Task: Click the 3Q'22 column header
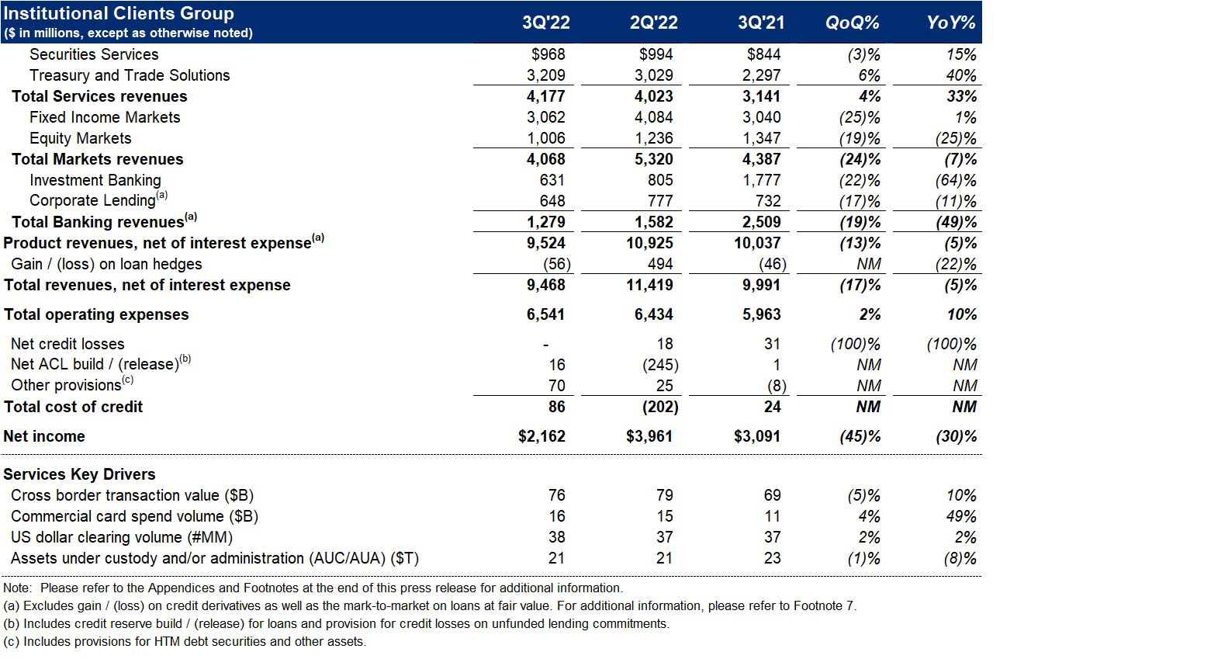(x=545, y=23)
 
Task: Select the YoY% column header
(x=951, y=23)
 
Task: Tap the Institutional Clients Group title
(x=119, y=14)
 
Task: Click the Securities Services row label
(x=94, y=54)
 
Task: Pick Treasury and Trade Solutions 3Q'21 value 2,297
(x=760, y=75)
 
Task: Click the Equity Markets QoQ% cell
(x=860, y=138)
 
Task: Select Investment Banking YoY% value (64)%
(x=956, y=180)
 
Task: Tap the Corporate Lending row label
(x=93, y=200)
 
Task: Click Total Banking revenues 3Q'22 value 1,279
(x=545, y=222)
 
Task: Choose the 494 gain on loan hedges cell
(x=659, y=264)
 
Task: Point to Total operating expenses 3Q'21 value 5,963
(x=757, y=314)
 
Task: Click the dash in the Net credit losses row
(x=546, y=344)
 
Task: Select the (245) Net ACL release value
(x=661, y=365)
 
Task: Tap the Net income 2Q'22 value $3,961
(x=649, y=436)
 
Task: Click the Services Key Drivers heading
(x=79, y=474)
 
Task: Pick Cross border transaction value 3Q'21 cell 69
(x=772, y=495)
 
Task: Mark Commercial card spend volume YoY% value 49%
(x=960, y=516)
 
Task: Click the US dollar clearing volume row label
(x=122, y=537)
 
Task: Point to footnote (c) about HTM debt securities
(x=184, y=641)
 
